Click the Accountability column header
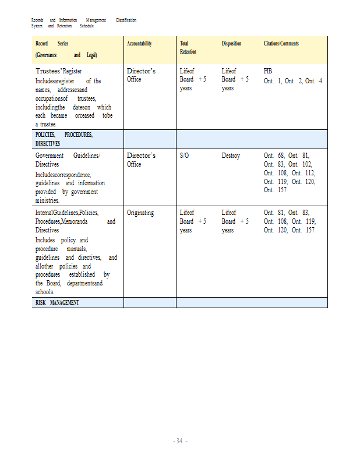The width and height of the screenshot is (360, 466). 139,44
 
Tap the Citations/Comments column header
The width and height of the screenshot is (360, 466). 281,44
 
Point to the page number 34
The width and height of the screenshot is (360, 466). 179,441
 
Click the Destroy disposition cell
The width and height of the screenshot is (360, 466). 231,156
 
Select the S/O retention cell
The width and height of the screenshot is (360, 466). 185,156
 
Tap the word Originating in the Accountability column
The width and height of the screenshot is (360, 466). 140,213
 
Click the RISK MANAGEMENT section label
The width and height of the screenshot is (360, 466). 57,303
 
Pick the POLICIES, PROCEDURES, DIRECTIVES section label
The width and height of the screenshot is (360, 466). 64,139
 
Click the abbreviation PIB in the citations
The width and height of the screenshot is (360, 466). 268,71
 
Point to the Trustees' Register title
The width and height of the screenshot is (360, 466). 59,72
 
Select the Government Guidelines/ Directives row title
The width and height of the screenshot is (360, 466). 68,160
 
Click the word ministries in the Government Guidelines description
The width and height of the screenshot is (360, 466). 51,200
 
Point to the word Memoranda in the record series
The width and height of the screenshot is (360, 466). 86,222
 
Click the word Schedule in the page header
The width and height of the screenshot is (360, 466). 86,26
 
